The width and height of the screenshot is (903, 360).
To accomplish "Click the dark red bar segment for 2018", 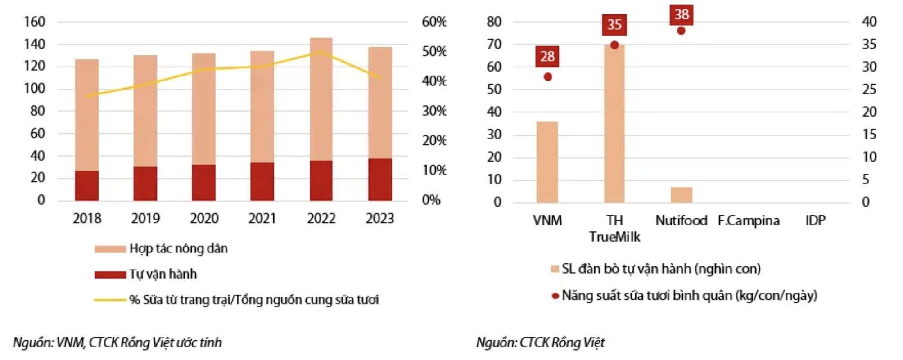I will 87,185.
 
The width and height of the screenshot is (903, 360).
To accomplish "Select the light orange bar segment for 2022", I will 321,99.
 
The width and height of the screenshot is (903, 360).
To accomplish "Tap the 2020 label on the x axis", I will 204,218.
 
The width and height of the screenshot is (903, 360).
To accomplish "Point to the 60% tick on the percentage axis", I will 433,22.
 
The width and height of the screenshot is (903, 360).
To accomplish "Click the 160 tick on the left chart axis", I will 35,22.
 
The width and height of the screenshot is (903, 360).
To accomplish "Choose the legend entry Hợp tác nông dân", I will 178,248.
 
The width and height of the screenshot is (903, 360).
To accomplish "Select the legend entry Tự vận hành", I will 163,274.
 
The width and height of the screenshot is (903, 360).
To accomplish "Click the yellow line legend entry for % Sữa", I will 253,300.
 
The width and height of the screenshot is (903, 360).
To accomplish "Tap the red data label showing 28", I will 547,57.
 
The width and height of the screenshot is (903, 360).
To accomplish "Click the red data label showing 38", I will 682,15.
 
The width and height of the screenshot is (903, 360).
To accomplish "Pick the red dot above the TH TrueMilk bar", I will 614,45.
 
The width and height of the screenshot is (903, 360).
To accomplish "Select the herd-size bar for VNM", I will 547,162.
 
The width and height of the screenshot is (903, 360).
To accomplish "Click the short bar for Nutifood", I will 682,195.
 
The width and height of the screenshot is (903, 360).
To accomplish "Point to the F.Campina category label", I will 749,220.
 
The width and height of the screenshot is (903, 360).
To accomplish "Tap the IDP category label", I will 815,220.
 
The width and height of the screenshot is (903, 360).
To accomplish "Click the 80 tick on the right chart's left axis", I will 494,22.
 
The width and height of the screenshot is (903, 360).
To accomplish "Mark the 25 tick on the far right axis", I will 869,89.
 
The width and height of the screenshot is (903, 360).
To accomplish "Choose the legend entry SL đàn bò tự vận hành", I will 661,269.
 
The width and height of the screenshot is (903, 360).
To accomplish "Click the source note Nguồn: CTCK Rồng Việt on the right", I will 540,342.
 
